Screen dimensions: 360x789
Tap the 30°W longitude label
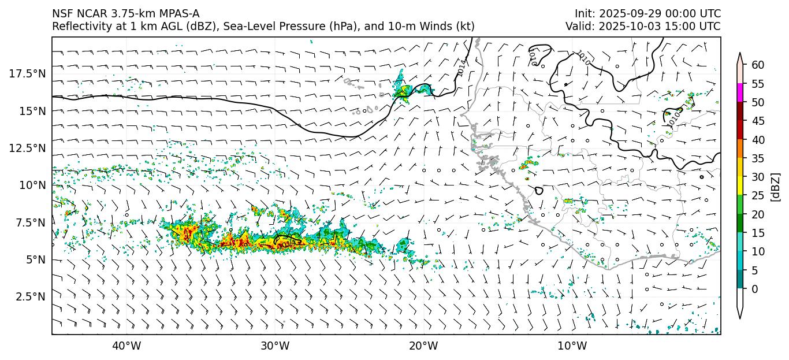pyautogui.click(x=275, y=347)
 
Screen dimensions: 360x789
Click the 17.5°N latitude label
pyautogui.click(x=26, y=73)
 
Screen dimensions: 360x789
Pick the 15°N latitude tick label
pyautogui.click(x=32, y=111)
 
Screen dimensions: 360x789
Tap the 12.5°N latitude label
pyautogui.click(x=26, y=148)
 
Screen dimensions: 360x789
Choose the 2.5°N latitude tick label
pyautogui.click(x=29, y=297)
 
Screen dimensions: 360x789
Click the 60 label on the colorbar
pyautogui.click(x=758, y=65)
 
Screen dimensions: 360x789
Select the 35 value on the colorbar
pyautogui.click(x=758, y=158)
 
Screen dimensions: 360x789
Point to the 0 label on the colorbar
pyautogui.click(x=755, y=289)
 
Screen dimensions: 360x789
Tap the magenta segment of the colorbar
pyautogui.click(x=740, y=93)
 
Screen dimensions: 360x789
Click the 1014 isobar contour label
pyautogui.click(x=461, y=68)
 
